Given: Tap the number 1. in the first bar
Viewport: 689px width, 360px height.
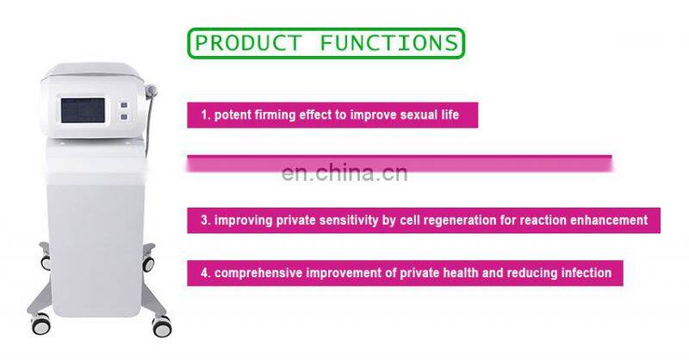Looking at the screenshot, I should pyautogui.click(x=205, y=115).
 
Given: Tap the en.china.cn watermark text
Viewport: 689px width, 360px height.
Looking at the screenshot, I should pyautogui.click(x=344, y=173).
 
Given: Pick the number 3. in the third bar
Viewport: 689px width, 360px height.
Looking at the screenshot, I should pyautogui.click(x=206, y=220).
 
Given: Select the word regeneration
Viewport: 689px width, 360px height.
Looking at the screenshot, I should pyautogui.click(x=458, y=220).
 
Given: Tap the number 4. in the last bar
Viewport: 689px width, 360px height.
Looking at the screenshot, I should pyautogui.click(x=206, y=273).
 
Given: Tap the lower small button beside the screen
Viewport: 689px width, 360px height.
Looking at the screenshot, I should pyautogui.click(x=125, y=117).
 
